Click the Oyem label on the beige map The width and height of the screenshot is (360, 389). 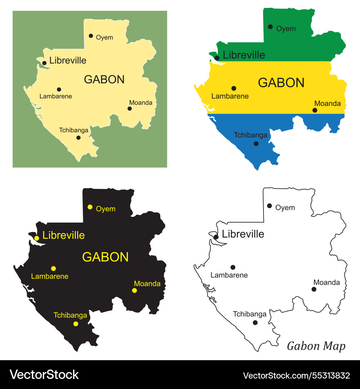tap(104, 37)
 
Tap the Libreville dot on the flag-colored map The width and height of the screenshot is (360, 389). tap(217, 58)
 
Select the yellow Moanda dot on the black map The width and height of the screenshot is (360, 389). tap(134, 290)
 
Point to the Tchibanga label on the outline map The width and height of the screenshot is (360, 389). tap(249, 314)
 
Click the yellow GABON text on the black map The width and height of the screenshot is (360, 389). tap(105, 257)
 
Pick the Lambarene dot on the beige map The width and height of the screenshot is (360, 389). tap(59, 89)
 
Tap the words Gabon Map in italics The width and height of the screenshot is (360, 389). tap(316, 346)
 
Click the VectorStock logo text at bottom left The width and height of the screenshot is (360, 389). tap(44, 375)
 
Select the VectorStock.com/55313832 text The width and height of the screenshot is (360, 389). tap(296, 375)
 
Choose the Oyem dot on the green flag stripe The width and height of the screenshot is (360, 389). tap(270, 27)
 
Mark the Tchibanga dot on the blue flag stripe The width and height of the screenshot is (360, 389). tap(256, 143)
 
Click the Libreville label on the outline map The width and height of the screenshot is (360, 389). tap(243, 234)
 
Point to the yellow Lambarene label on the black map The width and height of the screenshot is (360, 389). tap(50, 277)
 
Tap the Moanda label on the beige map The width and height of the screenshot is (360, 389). tap(140, 103)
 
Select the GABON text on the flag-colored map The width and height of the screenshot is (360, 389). tap(281, 83)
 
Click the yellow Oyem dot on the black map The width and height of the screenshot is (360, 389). tap(90, 207)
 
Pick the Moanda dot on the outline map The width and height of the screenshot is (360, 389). tap(314, 289)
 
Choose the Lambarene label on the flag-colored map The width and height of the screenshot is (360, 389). tap(230, 96)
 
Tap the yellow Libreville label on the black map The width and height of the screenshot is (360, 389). tap(63, 236)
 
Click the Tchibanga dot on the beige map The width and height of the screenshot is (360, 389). tap(78, 138)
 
